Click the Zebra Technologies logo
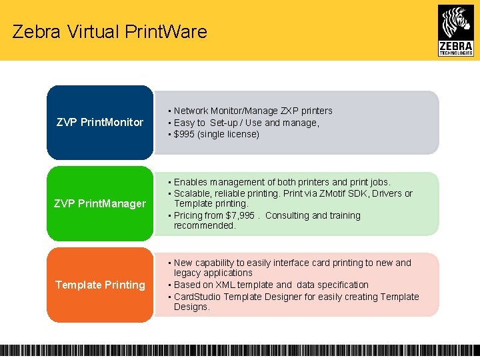click(456, 30)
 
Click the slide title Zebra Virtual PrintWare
click(109, 31)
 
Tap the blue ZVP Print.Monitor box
click(100, 122)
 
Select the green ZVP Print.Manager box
click(100, 203)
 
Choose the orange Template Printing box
click(100, 285)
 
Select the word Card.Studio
click(198, 297)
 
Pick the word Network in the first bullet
click(191, 111)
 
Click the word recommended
click(205, 225)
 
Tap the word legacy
click(187, 273)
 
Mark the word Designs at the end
click(191, 307)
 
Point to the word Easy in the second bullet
click(184, 123)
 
